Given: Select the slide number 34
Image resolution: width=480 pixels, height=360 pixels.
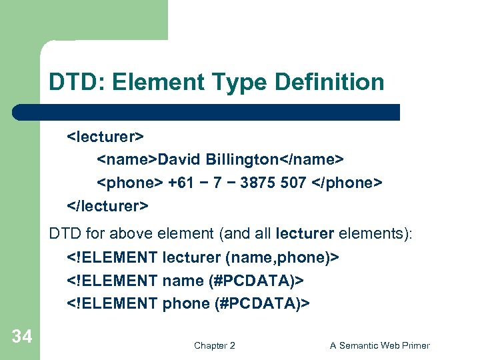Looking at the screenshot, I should point(21,337).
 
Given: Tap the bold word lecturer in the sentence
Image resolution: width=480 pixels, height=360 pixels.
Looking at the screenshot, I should point(309,235).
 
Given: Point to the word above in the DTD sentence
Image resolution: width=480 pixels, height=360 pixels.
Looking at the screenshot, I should point(170,235).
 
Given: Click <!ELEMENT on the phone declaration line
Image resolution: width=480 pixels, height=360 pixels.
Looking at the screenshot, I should point(112,303).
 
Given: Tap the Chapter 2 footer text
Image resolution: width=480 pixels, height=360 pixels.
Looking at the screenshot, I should point(214,345).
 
